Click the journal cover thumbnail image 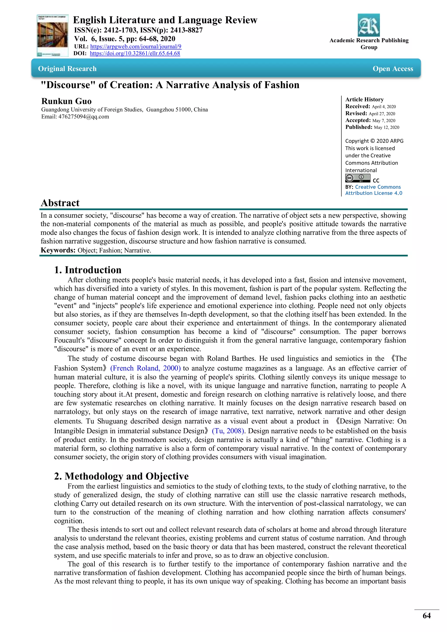coord(52,36)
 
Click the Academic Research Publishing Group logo coord(369,25)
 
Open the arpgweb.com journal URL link coord(136,46)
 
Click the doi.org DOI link coord(135,53)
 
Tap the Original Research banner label coord(67,69)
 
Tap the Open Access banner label coord(393,69)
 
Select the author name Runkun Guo coord(66,101)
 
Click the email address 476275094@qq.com coord(84,117)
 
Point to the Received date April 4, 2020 coord(384,107)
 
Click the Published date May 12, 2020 coord(387,127)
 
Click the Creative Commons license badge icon coord(358,178)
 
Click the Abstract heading coord(60,203)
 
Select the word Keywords coord(58,250)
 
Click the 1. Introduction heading coord(88,270)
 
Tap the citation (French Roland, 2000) coord(145,368)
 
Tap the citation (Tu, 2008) coord(228,431)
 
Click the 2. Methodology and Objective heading coord(121,476)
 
